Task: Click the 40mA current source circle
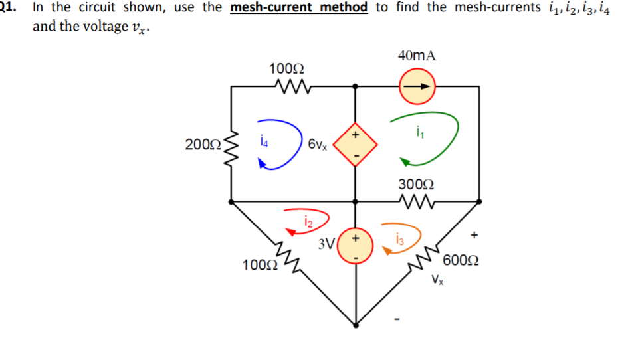[417, 86]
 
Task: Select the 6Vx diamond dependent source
[355, 143]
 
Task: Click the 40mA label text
[417, 56]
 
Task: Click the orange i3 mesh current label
[398, 236]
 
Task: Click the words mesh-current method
[298, 8]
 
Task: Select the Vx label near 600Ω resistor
[437, 280]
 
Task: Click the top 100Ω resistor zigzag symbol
[288, 86]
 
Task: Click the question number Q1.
[8, 8]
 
